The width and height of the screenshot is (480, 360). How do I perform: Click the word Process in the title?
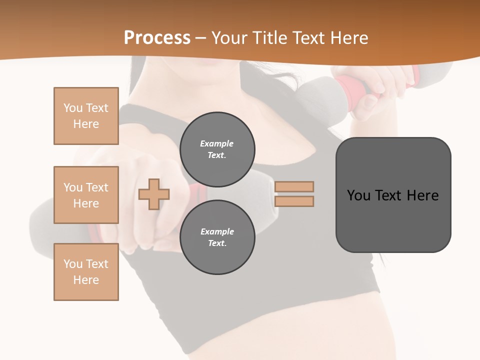[x=157, y=37]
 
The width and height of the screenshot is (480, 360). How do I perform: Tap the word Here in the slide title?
[x=349, y=37]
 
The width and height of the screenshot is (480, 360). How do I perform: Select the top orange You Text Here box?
[x=86, y=116]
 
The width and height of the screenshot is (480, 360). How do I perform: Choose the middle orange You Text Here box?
[x=86, y=195]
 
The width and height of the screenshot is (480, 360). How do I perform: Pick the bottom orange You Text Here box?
[x=86, y=272]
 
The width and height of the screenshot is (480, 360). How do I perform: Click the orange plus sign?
[x=154, y=194]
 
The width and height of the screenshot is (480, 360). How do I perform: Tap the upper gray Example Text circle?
[x=217, y=149]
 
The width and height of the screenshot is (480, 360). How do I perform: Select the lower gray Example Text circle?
[x=217, y=237]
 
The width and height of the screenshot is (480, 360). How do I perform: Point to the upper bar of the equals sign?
[x=294, y=186]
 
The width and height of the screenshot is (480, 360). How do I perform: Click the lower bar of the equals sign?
[x=294, y=201]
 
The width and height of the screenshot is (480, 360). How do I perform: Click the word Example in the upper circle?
[x=216, y=143]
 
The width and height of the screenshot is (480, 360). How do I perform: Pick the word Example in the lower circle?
[x=217, y=231]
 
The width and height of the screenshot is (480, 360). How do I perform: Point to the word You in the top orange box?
[x=73, y=108]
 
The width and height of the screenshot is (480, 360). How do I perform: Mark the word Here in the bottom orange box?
[x=86, y=280]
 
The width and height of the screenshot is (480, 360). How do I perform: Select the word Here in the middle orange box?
[x=86, y=203]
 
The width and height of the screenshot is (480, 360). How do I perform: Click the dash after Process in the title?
[x=200, y=38]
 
